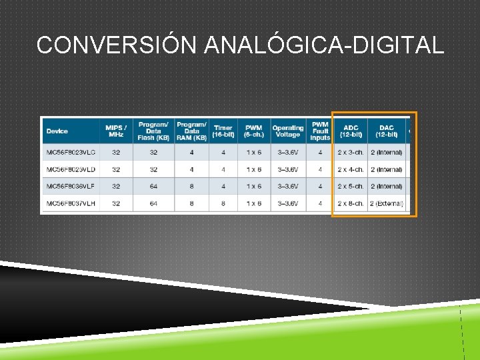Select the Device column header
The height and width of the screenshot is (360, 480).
[x=57, y=131]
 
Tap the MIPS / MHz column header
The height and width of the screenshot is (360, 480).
[x=116, y=131]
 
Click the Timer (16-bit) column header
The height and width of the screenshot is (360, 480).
[x=223, y=131]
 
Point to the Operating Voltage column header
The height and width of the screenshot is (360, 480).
[x=288, y=131]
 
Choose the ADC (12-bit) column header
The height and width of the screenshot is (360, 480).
[x=351, y=131]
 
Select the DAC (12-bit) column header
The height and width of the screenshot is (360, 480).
[x=387, y=131]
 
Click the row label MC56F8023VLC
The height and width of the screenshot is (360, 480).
[x=71, y=153]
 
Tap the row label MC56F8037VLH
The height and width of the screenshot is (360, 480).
[x=71, y=203]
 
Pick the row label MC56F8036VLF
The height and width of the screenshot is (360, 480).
[x=71, y=186]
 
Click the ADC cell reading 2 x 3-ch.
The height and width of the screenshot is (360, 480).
[x=351, y=153]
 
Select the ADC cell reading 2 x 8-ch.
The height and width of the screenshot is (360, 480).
[x=351, y=203]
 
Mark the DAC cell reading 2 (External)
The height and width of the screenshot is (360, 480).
[x=387, y=203]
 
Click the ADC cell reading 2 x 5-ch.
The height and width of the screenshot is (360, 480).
[x=351, y=186]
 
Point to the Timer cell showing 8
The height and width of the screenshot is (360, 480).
[x=223, y=203]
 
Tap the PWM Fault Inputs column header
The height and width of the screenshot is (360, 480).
[x=320, y=131]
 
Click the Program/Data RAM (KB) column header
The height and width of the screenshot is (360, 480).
[x=191, y=131]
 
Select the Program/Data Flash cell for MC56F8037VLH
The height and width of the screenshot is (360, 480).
[x=153, y=203]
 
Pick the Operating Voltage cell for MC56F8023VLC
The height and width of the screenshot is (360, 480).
[x=288, y=153]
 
